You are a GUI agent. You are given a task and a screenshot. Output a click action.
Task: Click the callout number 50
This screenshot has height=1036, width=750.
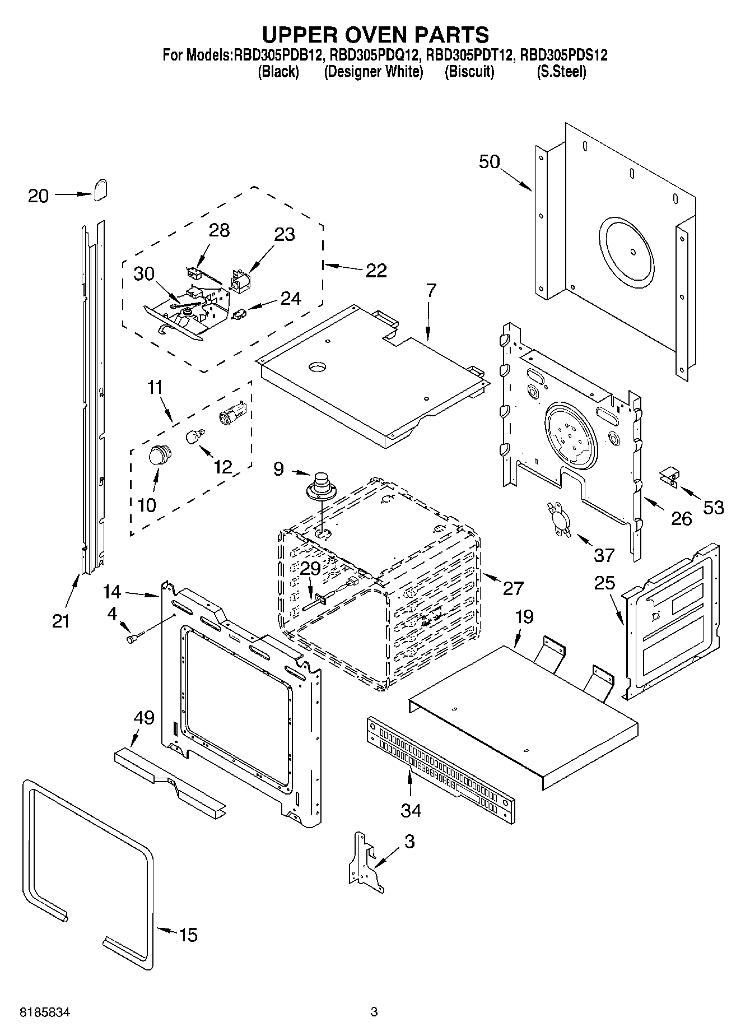489,162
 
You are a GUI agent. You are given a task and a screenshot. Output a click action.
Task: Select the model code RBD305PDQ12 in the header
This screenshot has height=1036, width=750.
375,55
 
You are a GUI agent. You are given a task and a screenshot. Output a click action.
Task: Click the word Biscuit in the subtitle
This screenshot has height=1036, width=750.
469,72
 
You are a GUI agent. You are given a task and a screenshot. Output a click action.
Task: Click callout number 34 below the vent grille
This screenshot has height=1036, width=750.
411,810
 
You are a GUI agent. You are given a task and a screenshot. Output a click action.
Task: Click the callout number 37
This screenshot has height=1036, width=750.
604,555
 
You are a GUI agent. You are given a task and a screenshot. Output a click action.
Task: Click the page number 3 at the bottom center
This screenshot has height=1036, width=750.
374,1012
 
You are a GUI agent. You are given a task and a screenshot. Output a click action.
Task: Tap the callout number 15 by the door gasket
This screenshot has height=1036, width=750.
189,935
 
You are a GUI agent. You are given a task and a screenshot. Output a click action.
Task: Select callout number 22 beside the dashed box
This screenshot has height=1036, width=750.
376,271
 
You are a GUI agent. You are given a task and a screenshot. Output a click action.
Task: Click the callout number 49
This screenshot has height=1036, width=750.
144,717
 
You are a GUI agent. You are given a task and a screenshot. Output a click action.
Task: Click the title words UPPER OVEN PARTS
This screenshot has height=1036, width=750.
375,35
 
